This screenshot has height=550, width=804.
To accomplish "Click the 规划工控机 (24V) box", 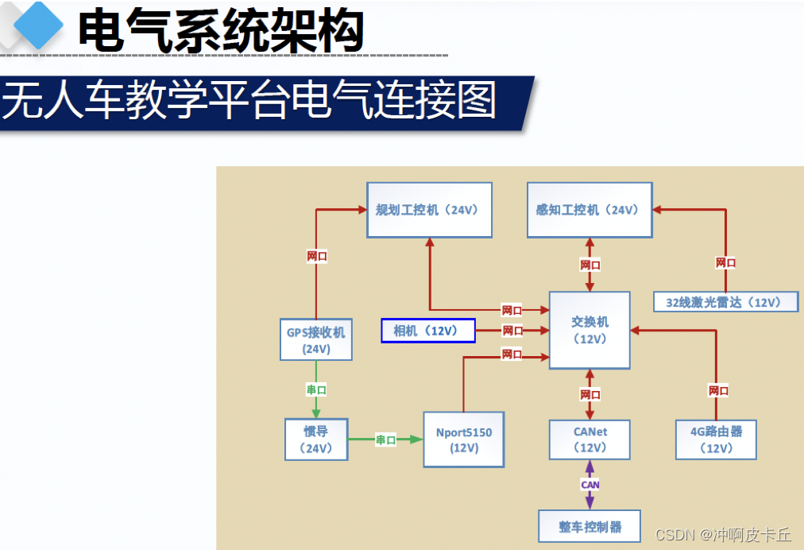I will click(429, 210).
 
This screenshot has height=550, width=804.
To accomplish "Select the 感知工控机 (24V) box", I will click(589, 210).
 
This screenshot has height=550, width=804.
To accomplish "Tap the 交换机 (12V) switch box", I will click(589, 330).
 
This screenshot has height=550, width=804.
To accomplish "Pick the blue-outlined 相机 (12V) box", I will click(428, 331).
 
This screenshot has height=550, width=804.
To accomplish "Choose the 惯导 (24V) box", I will click(316, 440).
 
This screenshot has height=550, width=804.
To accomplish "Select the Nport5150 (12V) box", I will click(463, 440).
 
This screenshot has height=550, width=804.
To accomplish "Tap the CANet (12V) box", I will click(589, 440).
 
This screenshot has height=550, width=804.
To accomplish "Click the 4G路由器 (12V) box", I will click(716, 440).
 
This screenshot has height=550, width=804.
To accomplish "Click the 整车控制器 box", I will click(589, 526).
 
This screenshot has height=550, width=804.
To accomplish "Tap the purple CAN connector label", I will click(589, 485).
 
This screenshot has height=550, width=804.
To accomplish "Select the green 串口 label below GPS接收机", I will click(316, 389).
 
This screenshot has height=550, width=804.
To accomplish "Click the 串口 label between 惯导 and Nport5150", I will click(385, 440).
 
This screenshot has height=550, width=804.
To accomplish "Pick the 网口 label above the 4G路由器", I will click(718, 390).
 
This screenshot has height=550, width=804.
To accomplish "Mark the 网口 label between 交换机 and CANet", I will click(589, 394).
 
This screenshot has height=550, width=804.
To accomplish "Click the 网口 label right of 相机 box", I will click(512, 331).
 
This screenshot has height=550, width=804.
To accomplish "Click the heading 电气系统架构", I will click(220, 32).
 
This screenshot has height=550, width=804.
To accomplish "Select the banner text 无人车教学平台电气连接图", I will click(249, 102).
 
